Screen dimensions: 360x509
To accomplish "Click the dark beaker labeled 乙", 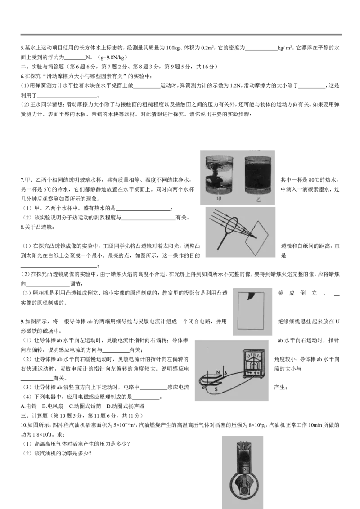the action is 258,175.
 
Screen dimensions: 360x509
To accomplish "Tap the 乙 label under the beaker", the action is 259,200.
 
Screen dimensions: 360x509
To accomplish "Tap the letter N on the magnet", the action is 219,371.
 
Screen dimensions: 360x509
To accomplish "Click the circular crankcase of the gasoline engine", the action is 243,488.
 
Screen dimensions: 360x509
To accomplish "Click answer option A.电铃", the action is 29,406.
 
